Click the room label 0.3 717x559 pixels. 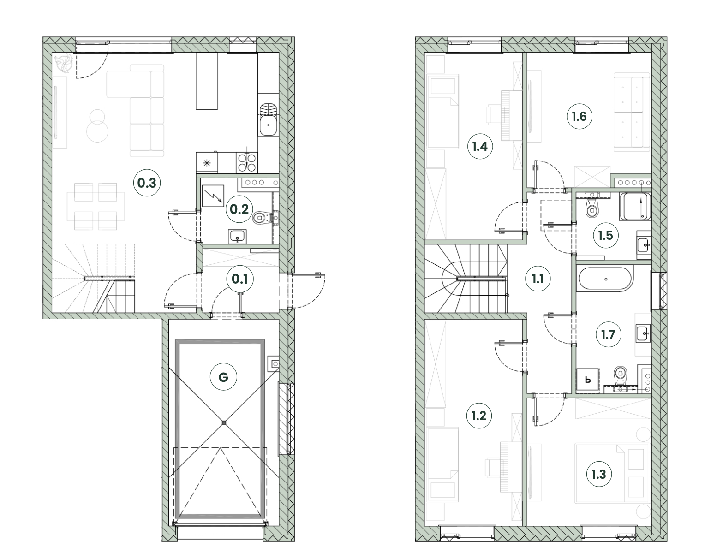[x=147, y=183]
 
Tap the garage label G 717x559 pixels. [x=223, y=377]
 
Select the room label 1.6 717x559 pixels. [x=579, y=116]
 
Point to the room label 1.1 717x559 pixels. [x=538, y=279]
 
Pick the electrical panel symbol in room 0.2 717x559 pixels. [x=213, y=196]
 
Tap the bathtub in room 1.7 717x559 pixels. [x=605, y=279]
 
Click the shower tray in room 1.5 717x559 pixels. [x=635, y=207]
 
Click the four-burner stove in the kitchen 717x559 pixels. [x=247, y=163]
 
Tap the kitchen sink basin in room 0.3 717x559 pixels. [x=268, y=125]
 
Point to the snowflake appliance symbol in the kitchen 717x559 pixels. [x=207, y=163]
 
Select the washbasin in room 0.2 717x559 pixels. [x=237, y=237]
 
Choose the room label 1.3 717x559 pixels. [x=598, y=474]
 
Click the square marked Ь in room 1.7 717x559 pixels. [x=588, y=380]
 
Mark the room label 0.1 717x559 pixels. [x=240, y=279]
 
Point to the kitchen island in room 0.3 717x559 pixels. [x=207, y=81]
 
